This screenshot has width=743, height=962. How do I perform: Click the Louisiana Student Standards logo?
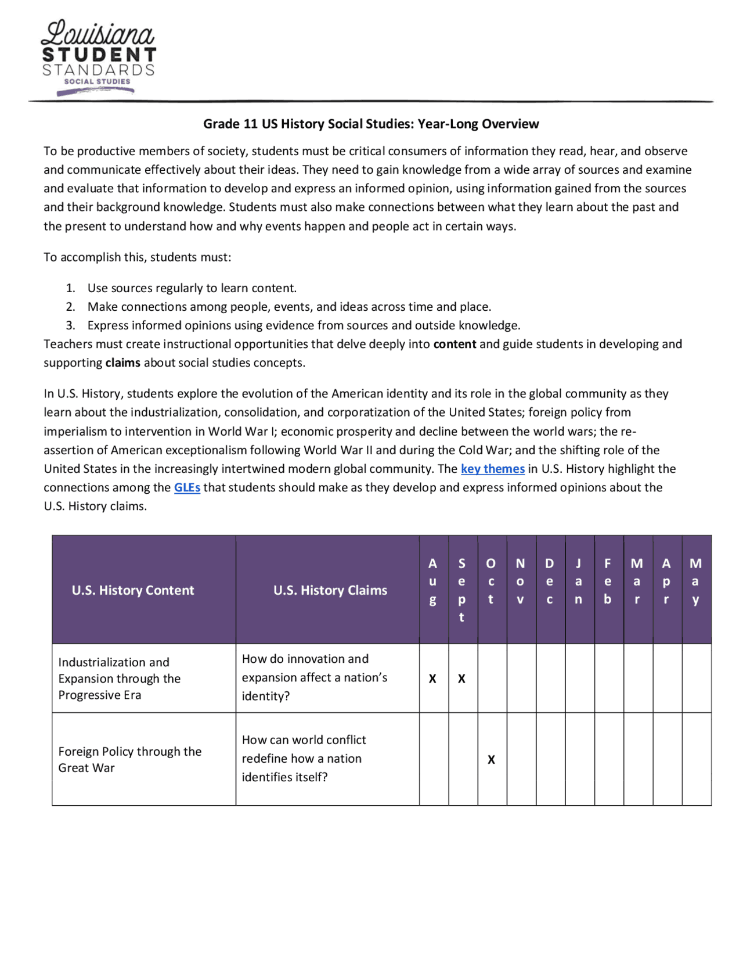tap(98, 57)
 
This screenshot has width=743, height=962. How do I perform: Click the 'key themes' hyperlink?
tap(492, 469)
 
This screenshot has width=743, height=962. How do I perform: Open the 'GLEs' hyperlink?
tap(187, 487)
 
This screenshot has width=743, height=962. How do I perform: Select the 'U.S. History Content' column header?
tap(133, 590)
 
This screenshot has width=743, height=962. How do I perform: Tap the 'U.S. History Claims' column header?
tap(330, 590)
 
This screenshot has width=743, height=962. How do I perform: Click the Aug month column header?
tap(432, 581)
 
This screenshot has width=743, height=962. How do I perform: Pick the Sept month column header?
tap(461, 590)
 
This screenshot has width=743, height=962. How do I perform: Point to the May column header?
tap(695, 581)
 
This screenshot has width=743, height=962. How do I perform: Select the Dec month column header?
tap(549, 581)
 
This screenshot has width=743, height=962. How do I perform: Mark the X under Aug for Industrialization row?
tap(432, 679)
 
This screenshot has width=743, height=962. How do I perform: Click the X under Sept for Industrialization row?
tap(461, 679)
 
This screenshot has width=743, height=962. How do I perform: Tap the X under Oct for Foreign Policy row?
tap(491, 760)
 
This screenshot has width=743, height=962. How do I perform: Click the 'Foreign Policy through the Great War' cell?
tap(129, 759)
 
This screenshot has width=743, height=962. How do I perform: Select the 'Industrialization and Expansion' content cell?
tap(119, 679)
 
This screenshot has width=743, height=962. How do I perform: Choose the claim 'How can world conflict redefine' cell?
tap(304, 758)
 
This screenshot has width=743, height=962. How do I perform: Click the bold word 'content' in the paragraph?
tap(455, 344)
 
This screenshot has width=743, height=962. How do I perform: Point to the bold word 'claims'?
tap(122, 362)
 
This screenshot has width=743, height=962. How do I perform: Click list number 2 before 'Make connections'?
tap(70, 307)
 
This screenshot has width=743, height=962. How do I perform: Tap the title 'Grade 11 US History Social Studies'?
tap(371, 124)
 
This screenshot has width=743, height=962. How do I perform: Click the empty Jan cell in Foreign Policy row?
tap(579, 759)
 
